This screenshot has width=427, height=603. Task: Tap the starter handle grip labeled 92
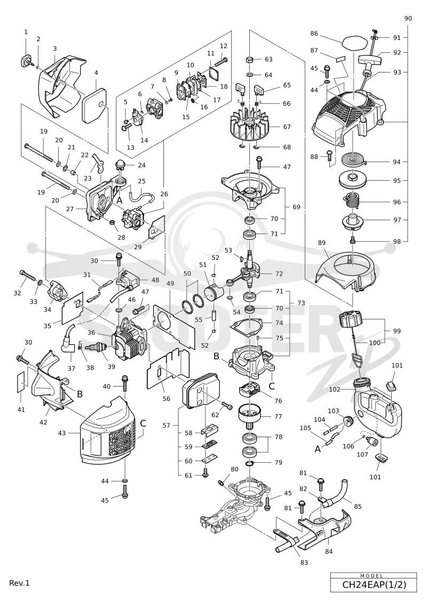pyautogui.click(x=369, y=60)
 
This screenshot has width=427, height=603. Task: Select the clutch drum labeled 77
pyautogui.click(x=249, y=416)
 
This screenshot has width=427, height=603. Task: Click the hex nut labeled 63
pyautogui.click(x=249, y=60)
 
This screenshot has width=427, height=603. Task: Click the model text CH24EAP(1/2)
pyautogui.click(x=374, y=584)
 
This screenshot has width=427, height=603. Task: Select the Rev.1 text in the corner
pyautogui.click(x=19, y=583)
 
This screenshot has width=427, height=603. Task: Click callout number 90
pyautogui.click(x=408, y=19)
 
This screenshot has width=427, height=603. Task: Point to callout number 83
pyautogui.click(x=304, y=562)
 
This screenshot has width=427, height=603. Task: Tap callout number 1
pyautogui.click(x=26, y=33)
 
